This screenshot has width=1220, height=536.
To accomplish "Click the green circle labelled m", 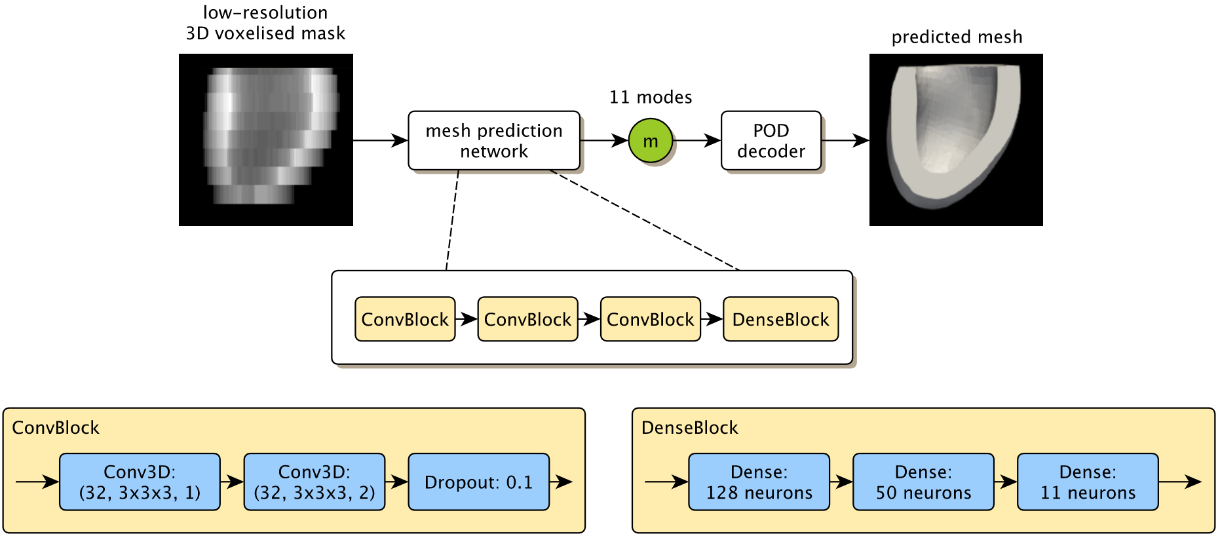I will coord(650,141).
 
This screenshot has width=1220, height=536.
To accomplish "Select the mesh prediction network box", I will coord(494,141).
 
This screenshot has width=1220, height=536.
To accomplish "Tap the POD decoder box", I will coord(771,141).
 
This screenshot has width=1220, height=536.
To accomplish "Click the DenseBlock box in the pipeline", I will coord(780,319).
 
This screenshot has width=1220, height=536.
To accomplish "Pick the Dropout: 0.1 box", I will coord(478,482).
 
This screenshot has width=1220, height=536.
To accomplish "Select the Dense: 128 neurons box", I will coord(759,482).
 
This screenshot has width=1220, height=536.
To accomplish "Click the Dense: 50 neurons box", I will coord(923,482).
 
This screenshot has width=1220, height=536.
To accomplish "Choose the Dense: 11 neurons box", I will coord(1088,482).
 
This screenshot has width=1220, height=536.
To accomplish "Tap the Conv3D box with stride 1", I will coord(140,482).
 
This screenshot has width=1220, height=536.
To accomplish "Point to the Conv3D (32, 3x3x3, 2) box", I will coord(315,482).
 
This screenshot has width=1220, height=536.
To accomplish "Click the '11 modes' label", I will coord(651,98).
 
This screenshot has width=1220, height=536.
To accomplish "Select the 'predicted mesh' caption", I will coord(957,37).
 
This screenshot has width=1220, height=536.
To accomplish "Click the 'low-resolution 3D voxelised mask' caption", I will coord(265,23).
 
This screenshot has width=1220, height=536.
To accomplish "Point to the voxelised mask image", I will coord(266,140).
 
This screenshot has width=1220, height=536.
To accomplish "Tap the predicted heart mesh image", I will coord(956,140).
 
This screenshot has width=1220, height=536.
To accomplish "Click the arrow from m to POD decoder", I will coord(697,140).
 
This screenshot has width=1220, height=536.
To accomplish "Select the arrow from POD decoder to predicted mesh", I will coord(845,140).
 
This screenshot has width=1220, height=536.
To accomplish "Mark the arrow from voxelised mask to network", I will coord(380,140).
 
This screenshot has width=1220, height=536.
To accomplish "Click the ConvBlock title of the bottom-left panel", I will coord(56,428).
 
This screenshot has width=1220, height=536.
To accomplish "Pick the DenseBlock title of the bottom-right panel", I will coord(689,428).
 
